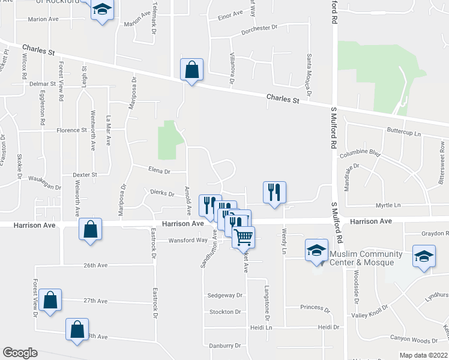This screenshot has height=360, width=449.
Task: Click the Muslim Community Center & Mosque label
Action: pyautogui.click(x=362, y=258)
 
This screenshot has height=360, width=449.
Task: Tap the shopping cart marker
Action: pyautogui.click(x=243, y=236)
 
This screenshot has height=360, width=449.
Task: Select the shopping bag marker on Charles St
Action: pyautogui.click(x=191, y=70)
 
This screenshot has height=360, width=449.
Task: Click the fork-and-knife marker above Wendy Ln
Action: pyautogui.click(x=274, y=193)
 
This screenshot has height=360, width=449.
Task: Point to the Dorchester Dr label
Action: pyautogui.click(x=259, y=28)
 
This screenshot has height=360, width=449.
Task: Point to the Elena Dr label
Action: pyautogui.click(x=159, y=171)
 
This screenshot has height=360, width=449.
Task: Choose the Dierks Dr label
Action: pyautogui.click(x=162, y=194)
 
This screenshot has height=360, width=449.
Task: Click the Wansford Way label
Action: pyautogui.click(x=188, y=240)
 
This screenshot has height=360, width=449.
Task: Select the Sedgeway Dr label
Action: pyautogui.click(x=224, y=295)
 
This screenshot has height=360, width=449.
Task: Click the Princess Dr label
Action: pyautogui.click(x=315, y=308)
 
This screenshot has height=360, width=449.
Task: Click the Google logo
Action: pyautogui.click(x=20, y=353)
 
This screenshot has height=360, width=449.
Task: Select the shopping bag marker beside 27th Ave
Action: pyautogui.click(x=51, y=301)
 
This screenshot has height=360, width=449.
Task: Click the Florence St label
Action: pyautogui.click(x=72, y=130)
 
